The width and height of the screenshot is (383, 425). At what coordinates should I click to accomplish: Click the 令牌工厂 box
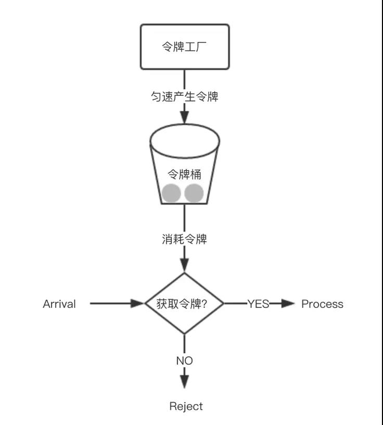(x=184, y=46)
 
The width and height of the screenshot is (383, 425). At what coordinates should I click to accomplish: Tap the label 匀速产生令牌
(x=184, y=96)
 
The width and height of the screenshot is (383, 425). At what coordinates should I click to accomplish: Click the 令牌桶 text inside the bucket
(x=184, y=173)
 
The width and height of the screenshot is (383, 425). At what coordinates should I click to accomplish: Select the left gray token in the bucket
(x=171, y=193)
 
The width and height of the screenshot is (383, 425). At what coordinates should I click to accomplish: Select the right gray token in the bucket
(x=194, y=193)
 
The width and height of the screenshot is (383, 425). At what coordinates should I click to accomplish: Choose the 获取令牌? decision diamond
(x=184, y=304)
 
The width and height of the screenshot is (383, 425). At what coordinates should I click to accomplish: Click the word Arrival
(x=59, y=304)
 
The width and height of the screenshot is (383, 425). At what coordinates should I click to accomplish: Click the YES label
(x=258, y=304)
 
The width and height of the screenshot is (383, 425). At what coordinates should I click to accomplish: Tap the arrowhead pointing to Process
(x=288, y=304)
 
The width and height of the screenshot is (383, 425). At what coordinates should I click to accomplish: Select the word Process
(x=322, y=304)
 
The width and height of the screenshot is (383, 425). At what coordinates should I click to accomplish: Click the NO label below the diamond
(x=184, y=360)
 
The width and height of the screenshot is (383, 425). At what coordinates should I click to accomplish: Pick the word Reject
(x=186, y=406)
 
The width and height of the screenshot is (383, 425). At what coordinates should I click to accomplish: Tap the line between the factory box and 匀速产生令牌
(x=184, y=79)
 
